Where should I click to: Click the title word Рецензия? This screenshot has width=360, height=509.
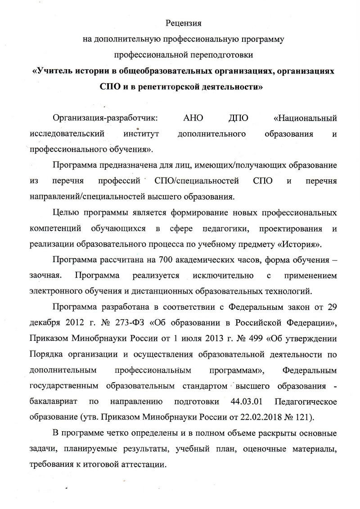coord(183,23)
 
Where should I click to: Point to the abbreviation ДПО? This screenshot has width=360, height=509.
coord(239,119)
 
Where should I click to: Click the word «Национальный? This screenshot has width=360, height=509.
coord(306,119)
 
